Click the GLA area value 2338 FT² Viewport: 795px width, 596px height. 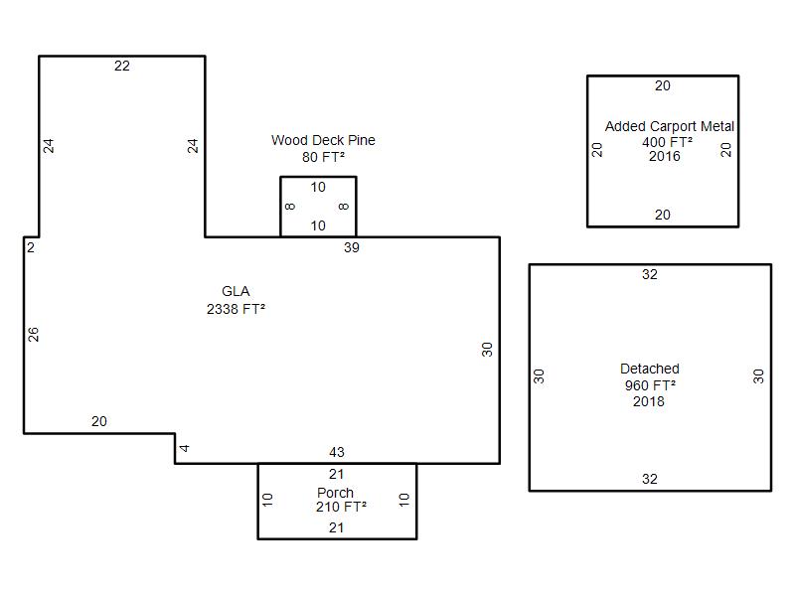(235, 308)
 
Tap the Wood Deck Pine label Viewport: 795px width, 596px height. (323, 140)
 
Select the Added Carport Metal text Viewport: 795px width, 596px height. (669, 126)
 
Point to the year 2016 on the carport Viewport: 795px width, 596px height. (664, 156)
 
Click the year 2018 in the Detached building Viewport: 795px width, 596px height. (649, 401)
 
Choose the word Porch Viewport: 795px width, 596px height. (336, 493)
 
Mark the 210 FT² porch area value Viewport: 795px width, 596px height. (341, 507)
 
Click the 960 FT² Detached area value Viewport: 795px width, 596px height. (650, 385)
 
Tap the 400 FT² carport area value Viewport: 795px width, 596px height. (667, 141)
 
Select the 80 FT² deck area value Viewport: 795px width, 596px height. (323, 156)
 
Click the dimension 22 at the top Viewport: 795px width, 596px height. (122, 66)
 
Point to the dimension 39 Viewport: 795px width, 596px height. (352, 247)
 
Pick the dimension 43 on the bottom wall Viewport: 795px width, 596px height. (337, 453)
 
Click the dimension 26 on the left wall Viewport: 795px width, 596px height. (34, 335)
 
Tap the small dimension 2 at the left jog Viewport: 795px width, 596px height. (31, 247)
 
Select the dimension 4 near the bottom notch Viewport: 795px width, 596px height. (185, 449)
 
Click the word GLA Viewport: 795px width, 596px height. (236, 291)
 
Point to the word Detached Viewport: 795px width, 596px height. (650, 369)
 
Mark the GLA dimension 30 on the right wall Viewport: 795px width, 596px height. (487, 350)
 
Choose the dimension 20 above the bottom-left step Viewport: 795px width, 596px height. (99, 421)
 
